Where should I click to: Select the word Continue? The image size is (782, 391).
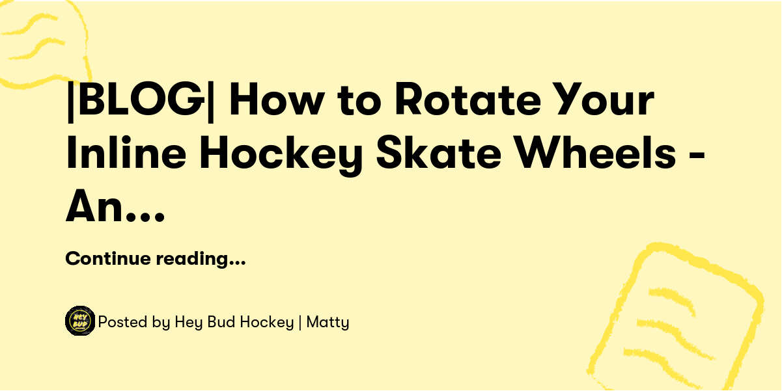tap(108, 259)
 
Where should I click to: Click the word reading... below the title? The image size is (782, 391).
tap(200, 259)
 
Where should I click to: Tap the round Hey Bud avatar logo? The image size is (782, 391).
tap(80, 321)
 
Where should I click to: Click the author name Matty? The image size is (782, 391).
tap(328, 322)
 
